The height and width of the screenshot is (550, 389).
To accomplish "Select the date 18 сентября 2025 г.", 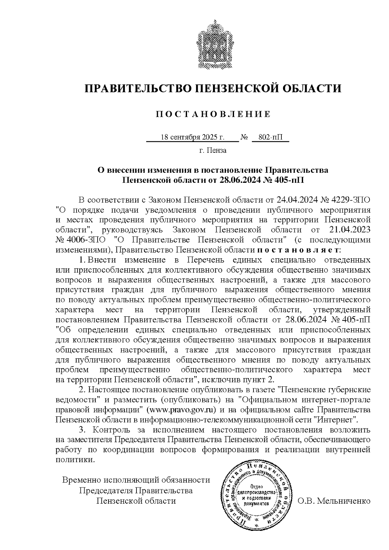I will point(193,137).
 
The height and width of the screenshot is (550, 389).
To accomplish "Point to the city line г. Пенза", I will point(212,150).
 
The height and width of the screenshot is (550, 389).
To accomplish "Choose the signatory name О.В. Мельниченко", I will point(334,501).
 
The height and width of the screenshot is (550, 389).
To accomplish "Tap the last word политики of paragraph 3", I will point(76,460).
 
